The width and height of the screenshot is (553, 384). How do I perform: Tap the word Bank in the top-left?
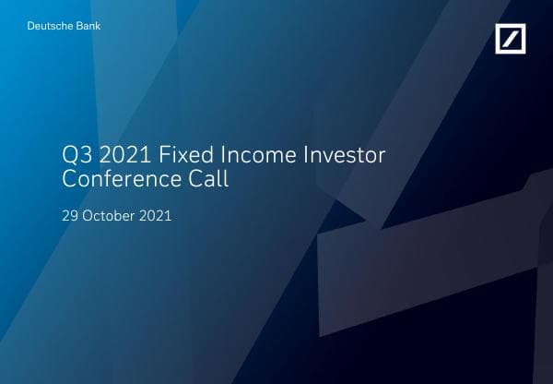coord(89,26)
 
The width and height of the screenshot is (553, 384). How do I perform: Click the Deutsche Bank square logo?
coord(511,39)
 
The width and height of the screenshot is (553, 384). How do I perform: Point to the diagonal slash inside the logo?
coord(511,39)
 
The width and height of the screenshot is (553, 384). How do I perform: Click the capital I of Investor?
coord(306,155)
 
